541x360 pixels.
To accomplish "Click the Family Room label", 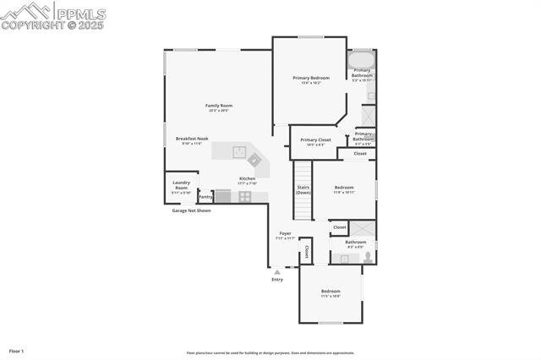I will coord(218,106).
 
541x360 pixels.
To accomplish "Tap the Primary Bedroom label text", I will coord(311,78).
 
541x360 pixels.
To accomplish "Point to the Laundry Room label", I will coord(181,184).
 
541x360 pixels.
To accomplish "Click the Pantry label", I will coord(205,197).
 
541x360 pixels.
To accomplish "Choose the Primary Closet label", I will coord(315,139).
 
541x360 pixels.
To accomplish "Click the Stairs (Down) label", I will coord(303,190).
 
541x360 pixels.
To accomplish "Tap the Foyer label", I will coord(286,233).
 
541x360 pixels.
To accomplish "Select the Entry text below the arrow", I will coord(277,279).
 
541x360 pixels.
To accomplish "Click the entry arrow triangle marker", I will coord(277,271).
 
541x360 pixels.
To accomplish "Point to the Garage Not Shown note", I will coord(191,210).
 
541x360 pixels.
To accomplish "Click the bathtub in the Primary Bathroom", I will coord(362,58).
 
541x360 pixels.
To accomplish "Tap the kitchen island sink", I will coord(239,153).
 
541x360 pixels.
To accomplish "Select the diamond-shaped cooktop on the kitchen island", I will coord(254,159).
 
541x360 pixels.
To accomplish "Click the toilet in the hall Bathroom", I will coord(368,258).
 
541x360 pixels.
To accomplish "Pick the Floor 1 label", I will coord(17,351).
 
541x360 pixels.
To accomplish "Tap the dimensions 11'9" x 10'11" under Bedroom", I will coord(343,193).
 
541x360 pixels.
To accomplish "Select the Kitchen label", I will coord(247,178).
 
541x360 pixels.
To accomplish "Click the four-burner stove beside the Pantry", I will coord(244,196).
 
